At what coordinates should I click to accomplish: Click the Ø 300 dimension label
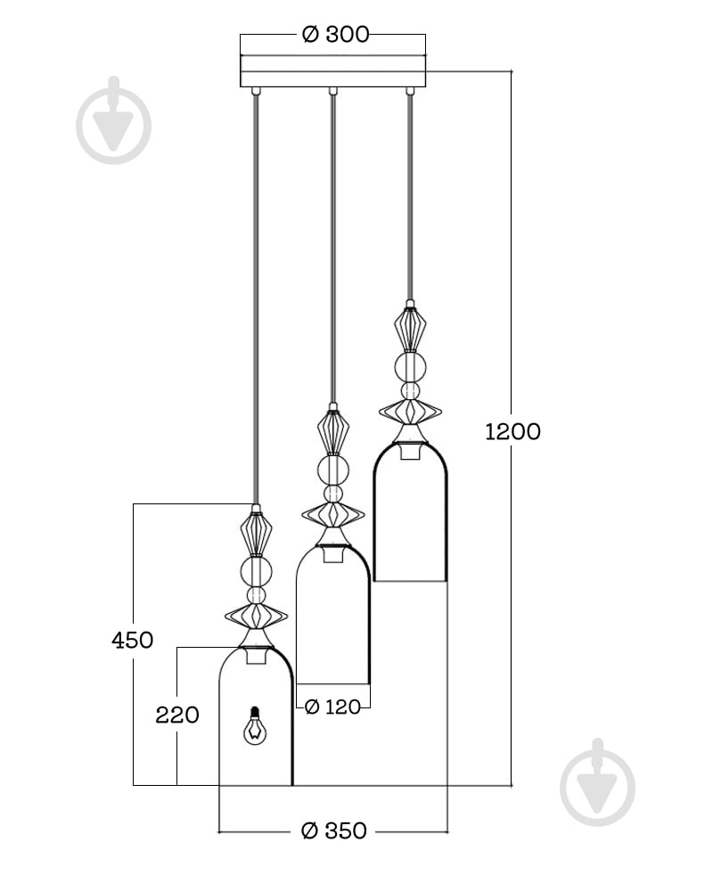(335, 34)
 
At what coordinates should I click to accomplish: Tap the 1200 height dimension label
(512, 432)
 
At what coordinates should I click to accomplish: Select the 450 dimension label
(133, 641)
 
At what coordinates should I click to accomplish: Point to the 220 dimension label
(177, 715)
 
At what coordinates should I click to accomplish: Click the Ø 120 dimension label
(332, 707)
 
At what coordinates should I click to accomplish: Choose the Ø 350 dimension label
(333, 830)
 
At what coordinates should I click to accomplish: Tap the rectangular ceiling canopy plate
(332, 71)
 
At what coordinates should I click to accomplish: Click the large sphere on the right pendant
(411, 366)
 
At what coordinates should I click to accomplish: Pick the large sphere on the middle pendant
(333, 470)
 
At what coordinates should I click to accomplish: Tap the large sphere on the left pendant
(256, 571)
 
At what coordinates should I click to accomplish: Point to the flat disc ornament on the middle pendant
(333, 515)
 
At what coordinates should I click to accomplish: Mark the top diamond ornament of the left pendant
(256, 534)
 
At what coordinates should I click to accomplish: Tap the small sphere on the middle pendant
(333, 494)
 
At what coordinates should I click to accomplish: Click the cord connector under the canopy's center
(333, 91)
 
